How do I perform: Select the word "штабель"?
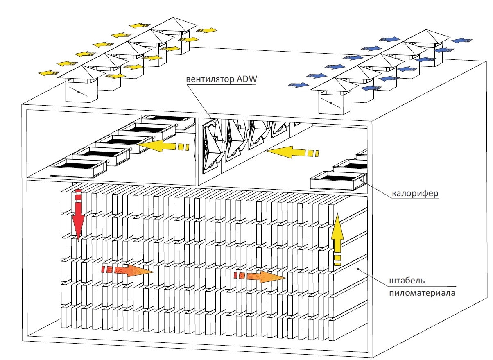pos(407,281)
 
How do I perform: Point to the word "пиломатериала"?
pos(422,293)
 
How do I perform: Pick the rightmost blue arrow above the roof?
pos(461,40)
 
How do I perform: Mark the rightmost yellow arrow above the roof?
pos(207,30)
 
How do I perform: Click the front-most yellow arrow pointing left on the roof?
pos(48,73)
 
